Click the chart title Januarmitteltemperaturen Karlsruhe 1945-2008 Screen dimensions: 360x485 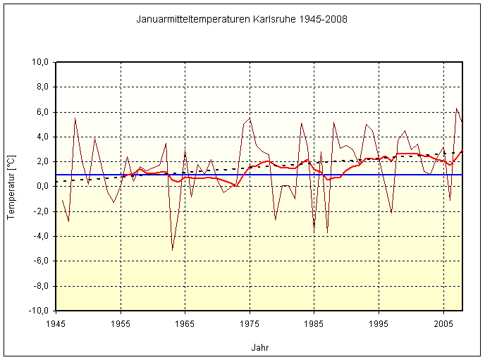coord(242,19)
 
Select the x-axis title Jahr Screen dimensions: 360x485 coord(259,347)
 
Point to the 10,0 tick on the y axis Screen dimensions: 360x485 coord(39,62)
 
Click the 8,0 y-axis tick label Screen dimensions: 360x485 coord(41,87)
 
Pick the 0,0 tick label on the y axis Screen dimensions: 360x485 coord(41,187)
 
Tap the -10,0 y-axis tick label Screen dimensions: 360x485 coord(37,311)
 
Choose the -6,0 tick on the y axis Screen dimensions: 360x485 coord(39,261)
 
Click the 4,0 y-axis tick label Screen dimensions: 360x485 coord(41,137)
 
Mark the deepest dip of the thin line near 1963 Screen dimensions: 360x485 coord(172,250)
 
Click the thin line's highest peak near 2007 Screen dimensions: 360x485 coord(457,108)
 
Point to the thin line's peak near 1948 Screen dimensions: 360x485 coord(75,118)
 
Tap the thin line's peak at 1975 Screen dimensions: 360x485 coord(250,118)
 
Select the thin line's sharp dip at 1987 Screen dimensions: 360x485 coord(327,232)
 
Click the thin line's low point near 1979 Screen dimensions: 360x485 coord(276,220)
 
